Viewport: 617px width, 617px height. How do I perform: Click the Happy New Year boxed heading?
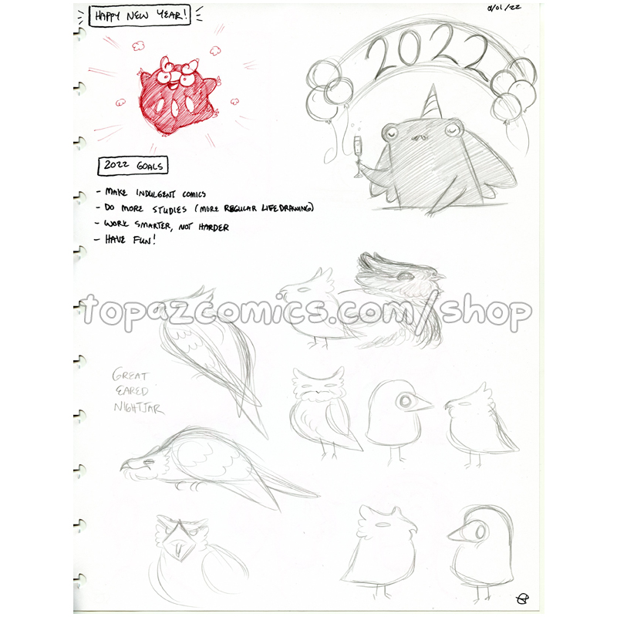click(x=140, y=16)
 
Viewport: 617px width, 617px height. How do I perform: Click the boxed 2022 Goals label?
click(x=133, y=166)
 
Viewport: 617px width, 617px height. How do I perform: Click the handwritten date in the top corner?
click(x=504, y=8)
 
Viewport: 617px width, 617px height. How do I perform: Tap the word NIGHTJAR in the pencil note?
click(x=139, y=408)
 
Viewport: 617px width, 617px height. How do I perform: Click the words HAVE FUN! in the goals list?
click(x=130, y=239)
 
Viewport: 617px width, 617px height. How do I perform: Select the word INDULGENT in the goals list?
click(x=156, y=194)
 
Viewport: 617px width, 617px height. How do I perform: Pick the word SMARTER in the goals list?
click(x=153, y=225)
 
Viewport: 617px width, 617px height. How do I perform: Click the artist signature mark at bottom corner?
click(x=522, y=599)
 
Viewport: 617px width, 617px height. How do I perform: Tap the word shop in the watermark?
click(x=486, y=313)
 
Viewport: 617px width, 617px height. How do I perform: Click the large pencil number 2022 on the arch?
click(x=427, y=51)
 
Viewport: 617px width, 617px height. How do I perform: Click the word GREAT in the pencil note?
click(x=130, y=375)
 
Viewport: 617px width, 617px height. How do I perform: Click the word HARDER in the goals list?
click(x=214, y=227)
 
